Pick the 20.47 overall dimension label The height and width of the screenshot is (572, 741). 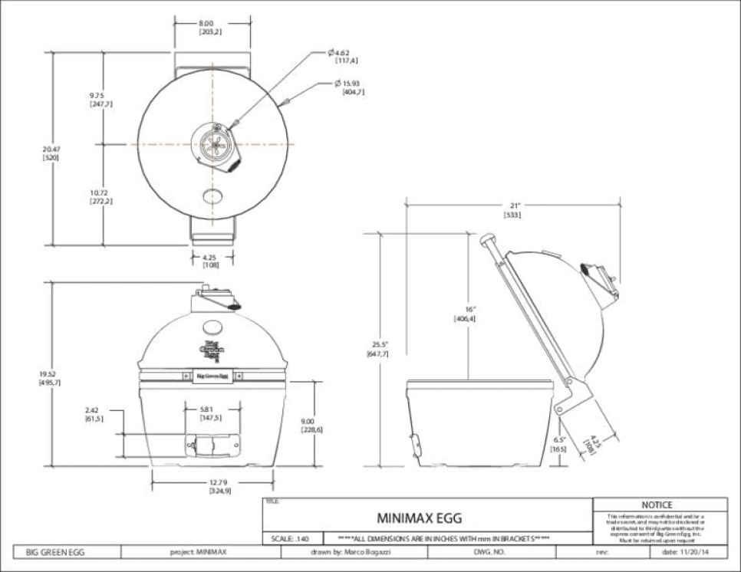(x=51, y=153)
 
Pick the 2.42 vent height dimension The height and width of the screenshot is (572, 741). (x=94, y=415)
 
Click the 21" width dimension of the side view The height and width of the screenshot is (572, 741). (x=512, y=211)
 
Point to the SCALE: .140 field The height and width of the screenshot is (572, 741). (x=291, y=538)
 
